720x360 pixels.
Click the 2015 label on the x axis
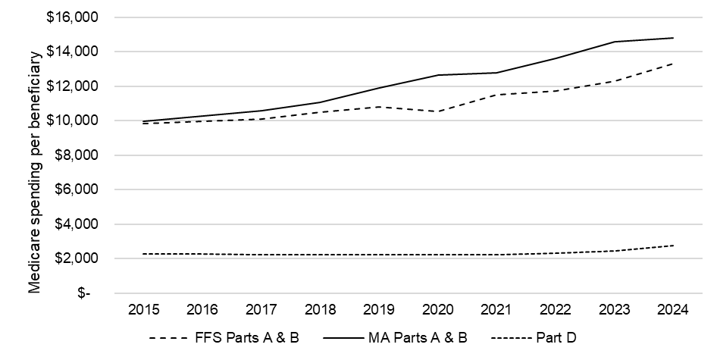[143, 309]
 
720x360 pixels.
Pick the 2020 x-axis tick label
[437, 309]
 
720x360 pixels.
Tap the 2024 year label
[672, 309]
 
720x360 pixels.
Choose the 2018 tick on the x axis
[320, 309]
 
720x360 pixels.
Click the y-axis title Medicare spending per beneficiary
[34, 173]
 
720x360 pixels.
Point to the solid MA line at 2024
[672, 38]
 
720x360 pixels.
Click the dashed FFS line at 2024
[672, 64]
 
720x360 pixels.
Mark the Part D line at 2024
[672, 246]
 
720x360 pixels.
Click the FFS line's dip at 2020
[437, 111]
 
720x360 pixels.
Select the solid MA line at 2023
[614, 42]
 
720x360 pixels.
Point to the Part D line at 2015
[143, 254]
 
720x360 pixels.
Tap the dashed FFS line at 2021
[496, 95]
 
